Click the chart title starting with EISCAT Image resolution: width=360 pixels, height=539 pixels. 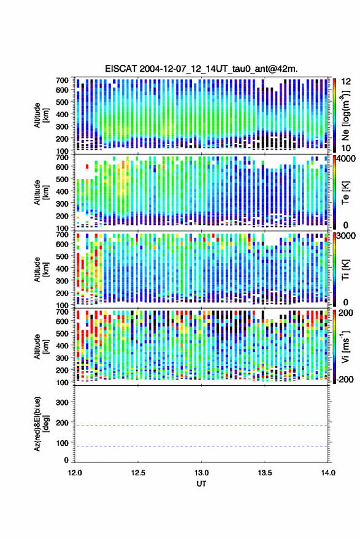pyautogui.click(x=201, y=69)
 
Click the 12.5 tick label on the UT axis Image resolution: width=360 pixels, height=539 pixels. pyautogui.click(x=138, y=473)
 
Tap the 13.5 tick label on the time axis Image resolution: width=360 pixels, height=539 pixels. pyautogui.click(x=265, y=473)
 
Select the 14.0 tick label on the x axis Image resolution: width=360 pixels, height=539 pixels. pyautogui.click(x=328, y=473)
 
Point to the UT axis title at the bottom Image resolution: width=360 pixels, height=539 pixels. pyautogui.click(x=201, y=484)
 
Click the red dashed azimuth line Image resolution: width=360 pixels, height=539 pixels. pyautogui.click(x=202, y=426)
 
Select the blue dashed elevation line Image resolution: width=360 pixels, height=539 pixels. pyautogui.click(x=202, y=446)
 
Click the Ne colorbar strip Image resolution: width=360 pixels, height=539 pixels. pyautogui.click(x=334, y=115)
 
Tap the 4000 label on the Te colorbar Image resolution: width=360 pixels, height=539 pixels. pyautogui.click(x=347, y=159)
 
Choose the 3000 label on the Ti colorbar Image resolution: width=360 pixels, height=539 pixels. pyautogui.click(x=347, y=236)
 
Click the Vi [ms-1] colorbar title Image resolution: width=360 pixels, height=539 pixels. pyautogui.click(x=345, y=346)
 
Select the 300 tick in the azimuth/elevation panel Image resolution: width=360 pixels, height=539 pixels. pyautogui.click(x=62, y=402)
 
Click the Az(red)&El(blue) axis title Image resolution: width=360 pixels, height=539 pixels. pyautogui.click(x=41, y=424)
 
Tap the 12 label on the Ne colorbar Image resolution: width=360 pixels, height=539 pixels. pyautogui.click(x=347, y=82)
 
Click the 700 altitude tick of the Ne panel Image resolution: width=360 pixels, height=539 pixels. pyautogui.click(x=62, y=80)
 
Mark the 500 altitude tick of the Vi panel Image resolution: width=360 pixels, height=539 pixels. pyautogui.click(x=62, y=333)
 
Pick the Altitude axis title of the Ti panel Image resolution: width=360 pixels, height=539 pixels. pyautogui.click(x=41, y=270)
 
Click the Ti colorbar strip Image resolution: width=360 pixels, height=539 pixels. pyautogui.click(x=334, y=269)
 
